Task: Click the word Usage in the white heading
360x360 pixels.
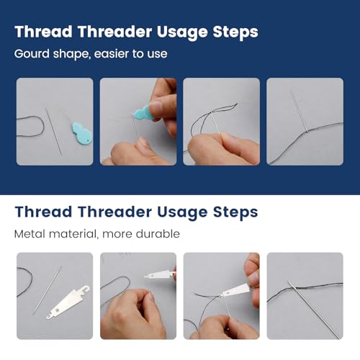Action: [182, 213]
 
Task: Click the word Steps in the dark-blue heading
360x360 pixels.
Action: [235, 32]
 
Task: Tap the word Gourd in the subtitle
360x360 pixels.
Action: [32, 53]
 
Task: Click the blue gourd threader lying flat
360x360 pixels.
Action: [82, 134]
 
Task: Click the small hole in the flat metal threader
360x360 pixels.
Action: [57, 310]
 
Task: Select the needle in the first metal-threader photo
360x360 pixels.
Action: [48, 290]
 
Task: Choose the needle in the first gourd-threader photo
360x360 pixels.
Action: [53, 131]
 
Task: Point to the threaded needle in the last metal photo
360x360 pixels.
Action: [315, 310]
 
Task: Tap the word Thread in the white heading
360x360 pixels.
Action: [43, 212]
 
